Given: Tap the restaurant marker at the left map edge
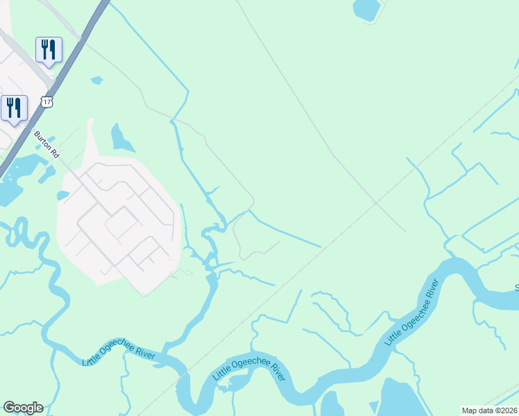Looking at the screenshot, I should coord(14,108).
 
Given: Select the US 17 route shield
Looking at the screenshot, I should coord(46,101).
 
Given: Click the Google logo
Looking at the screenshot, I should coord(23,408).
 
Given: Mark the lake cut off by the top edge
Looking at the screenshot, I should coord(366,8).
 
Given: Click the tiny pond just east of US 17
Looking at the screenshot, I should coord(96,80).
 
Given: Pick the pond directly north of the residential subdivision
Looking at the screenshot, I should coord(121,139).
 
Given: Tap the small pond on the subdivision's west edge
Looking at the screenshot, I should coord(62,196).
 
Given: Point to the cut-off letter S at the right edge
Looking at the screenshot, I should coord(516,287).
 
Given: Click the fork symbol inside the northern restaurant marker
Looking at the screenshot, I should coord(45,49).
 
